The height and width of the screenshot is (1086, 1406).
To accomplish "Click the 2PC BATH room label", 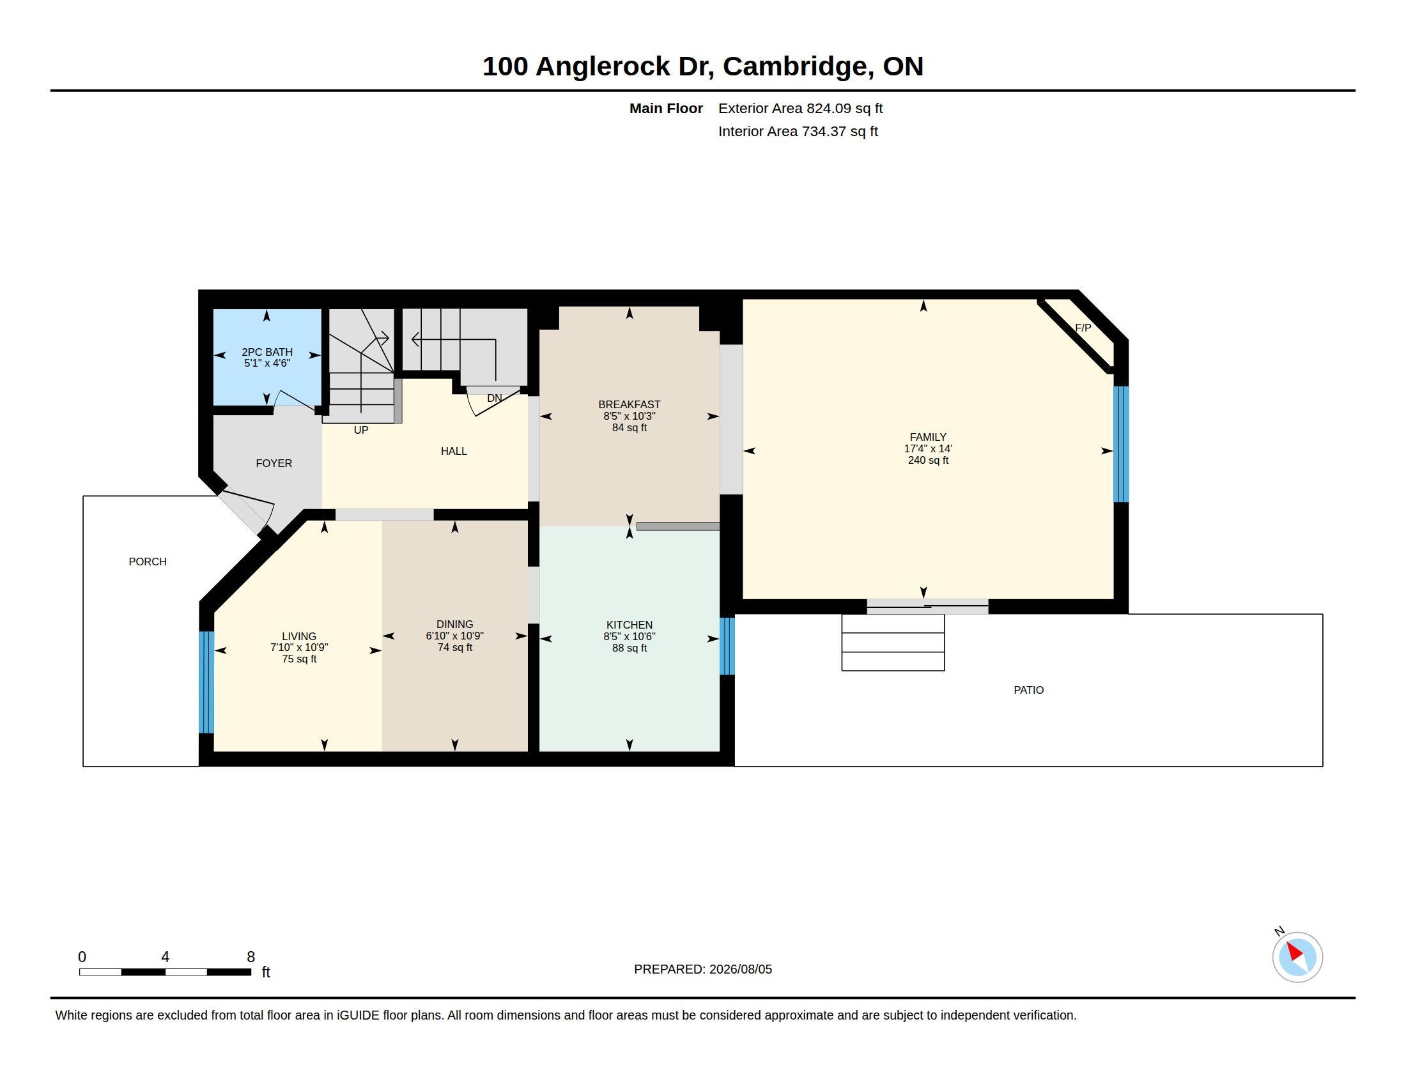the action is tap(267, 352).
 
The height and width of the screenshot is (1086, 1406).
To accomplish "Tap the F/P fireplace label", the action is tap(1083, 328).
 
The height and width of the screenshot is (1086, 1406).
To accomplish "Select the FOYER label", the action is tap(274, 463).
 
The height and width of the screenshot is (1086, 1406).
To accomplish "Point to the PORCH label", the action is tap(148, 562).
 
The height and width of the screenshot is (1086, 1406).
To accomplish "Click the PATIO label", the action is tap(1029, 690).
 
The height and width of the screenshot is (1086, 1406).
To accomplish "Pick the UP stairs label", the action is tap(361, 430).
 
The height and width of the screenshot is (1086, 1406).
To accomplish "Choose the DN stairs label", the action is tap(495, 398).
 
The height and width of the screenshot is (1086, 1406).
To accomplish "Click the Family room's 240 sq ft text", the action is tap(929, 460).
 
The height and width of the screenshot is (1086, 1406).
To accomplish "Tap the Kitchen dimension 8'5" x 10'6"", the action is tap(630, 636).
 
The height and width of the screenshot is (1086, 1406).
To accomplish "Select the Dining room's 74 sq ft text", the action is tap(455, 647).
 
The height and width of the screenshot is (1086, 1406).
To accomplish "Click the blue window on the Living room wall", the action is tap(206, 682).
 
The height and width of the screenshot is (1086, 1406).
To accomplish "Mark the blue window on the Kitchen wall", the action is tap(727, 646).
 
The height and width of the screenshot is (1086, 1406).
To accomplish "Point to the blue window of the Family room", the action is tap(1121, 444).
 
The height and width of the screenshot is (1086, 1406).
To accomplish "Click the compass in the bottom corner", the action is tap(1297, 957).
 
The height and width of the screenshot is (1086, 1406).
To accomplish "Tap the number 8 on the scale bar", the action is tap(251, 957).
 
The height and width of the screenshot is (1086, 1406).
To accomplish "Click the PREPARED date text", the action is tap(703, 969).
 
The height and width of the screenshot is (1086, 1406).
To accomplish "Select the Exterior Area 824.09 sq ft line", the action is tap(800, 108).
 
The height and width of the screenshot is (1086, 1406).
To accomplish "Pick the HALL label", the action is tap(454, 451).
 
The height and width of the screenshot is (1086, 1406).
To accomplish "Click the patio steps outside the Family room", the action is tap(893, 643).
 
